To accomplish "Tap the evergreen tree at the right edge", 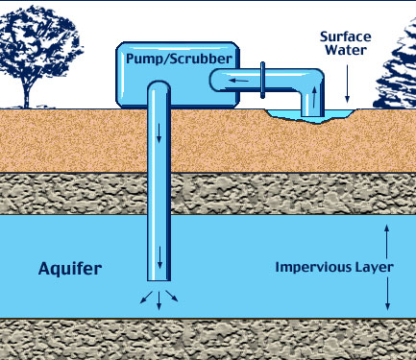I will point(398,67).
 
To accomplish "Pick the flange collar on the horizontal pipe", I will point(260,76).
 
